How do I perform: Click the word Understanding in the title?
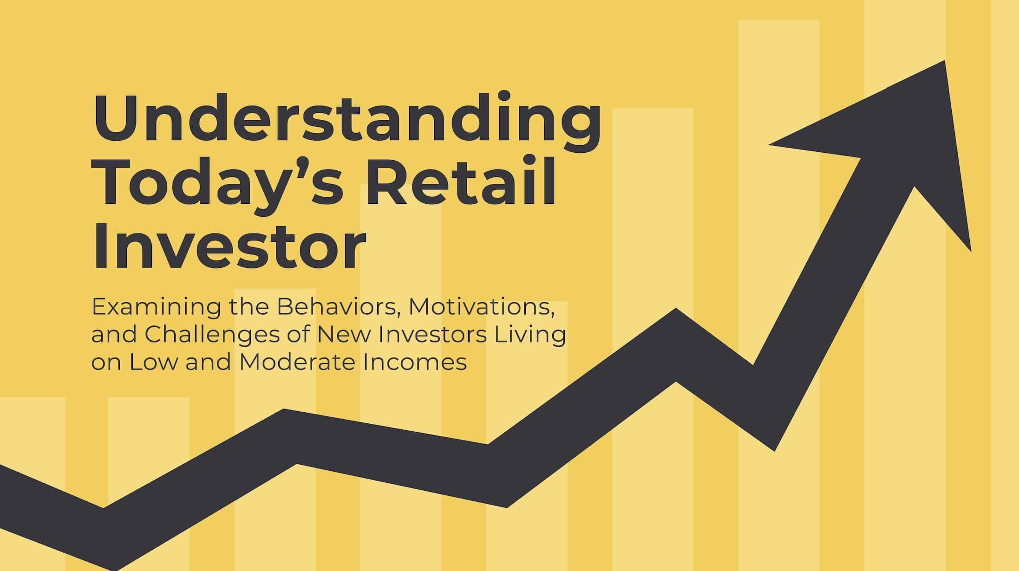tap(347, 118)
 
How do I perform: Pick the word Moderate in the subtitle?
tap(297, 362)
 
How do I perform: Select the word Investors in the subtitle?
tap(429, 335)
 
